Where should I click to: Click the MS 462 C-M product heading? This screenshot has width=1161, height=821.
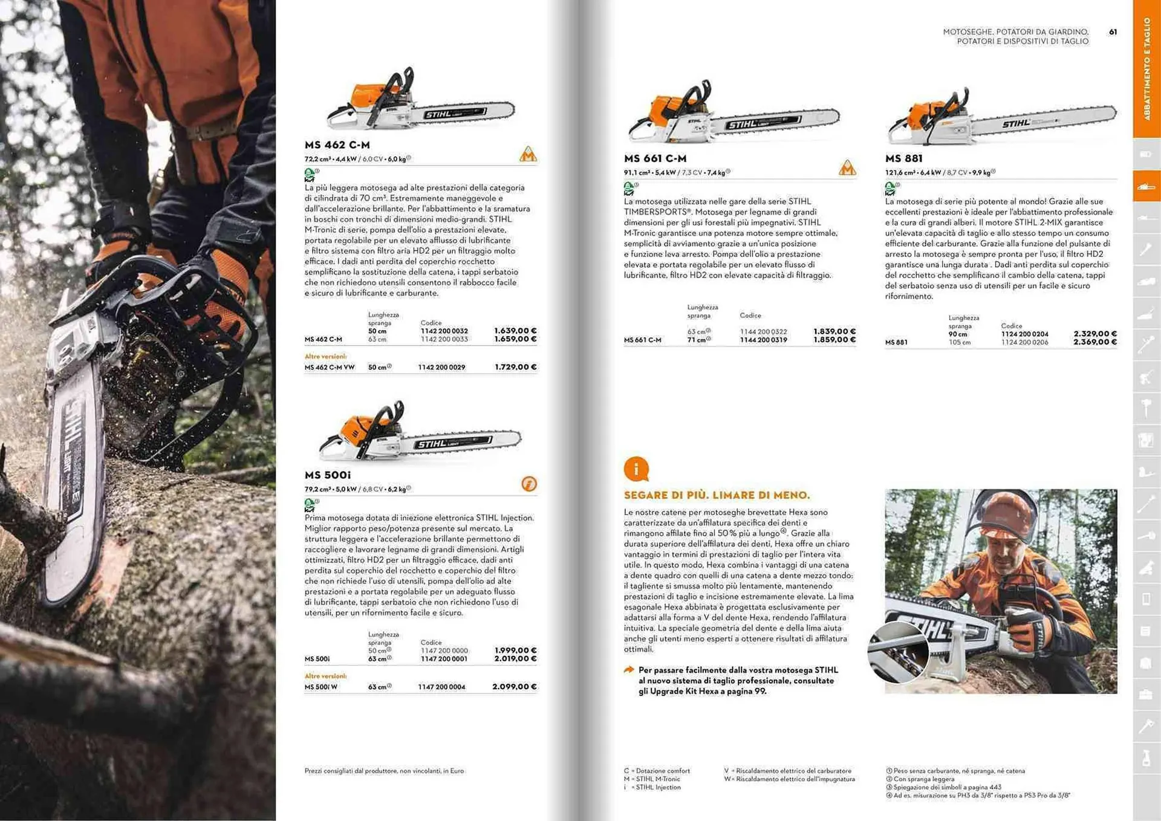[x=337, y=145]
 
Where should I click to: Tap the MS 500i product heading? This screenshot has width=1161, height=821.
[x=327, y=475]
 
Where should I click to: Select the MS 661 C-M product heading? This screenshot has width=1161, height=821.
[x=655, y=158]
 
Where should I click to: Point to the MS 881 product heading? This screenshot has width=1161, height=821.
[x=903, y=158]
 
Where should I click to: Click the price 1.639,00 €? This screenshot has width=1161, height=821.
[x=515, y=331]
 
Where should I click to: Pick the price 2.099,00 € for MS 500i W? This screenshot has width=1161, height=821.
[x=514, y=687]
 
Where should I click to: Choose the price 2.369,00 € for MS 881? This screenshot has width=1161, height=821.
[x=1094, y=342]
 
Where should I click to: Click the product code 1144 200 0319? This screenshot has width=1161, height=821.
[x=763, y=340]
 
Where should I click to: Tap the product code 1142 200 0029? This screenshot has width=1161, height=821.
[x=441, y=367]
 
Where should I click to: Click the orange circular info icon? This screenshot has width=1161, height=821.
[x=636, y=469]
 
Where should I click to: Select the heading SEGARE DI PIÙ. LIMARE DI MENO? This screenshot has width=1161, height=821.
[x=717, y=495]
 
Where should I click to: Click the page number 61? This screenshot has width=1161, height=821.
[x=1113, y=32]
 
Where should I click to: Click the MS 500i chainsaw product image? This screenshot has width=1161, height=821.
[x=420, y=433]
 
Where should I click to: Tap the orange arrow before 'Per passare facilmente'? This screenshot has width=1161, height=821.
[x=629, y=670]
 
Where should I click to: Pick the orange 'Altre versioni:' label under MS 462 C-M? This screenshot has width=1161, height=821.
[x=325, y=357]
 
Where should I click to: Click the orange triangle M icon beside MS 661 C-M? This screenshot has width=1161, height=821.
[x=847, y=167]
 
